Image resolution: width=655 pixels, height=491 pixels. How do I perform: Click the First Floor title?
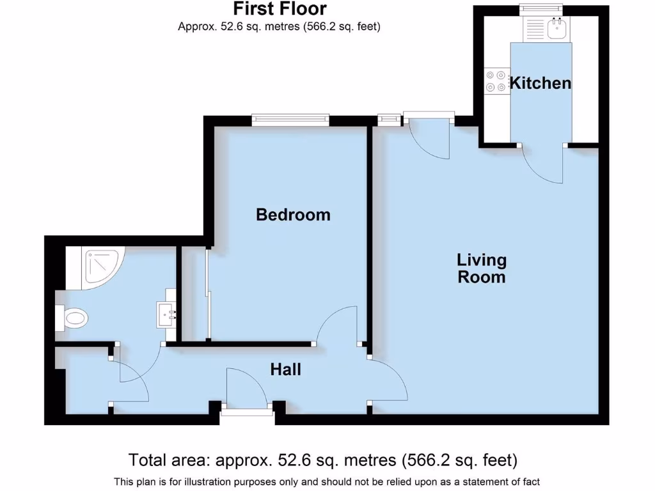tap(280, 9)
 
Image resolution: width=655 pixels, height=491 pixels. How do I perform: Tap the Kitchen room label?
tap(540, 83)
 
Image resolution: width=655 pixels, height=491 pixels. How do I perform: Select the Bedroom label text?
tap(293, 215)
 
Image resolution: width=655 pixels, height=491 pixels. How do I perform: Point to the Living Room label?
tap(481, 269)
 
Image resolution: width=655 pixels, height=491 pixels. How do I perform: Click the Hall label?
tap(285, 370)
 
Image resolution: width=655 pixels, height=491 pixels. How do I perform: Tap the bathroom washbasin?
tap(168, 314)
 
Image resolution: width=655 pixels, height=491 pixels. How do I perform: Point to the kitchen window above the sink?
tap(541, 8)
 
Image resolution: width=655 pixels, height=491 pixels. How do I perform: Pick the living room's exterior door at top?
tap(429, 136)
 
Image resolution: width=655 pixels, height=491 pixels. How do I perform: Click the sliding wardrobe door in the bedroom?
tap(207, 294)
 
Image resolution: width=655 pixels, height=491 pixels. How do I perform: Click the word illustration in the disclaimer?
tap(241, 481)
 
